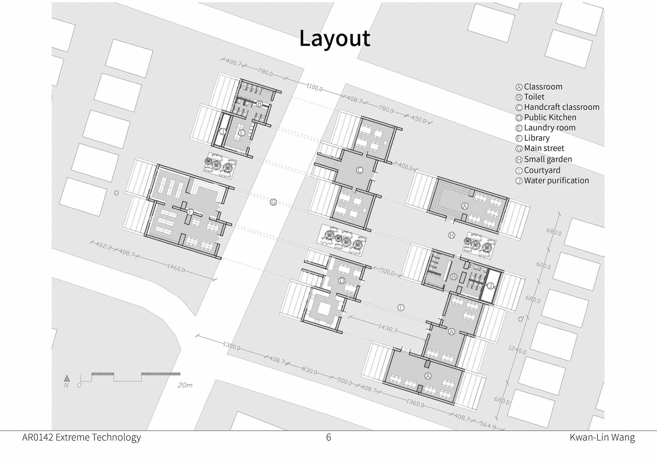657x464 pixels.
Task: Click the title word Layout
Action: (x=335, y=38)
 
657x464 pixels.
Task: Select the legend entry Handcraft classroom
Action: (x=558, y=107)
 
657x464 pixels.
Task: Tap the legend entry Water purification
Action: (x=552, y=181)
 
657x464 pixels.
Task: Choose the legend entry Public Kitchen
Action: (x=546, y=118)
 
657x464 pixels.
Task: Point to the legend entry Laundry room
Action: (x=545, y=128)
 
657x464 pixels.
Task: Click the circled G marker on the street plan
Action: (x=273, y=202)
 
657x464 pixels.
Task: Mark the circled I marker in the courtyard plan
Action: (x=401, y=308)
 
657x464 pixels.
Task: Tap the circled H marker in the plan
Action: (x=452, y=235)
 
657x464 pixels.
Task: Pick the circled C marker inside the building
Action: (x=359, y=170)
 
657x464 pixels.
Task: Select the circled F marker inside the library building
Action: (x=190, y=212)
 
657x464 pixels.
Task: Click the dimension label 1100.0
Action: (x=314, y=88)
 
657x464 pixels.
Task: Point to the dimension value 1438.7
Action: (x=388, y=328)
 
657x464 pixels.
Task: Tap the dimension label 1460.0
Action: (x=176, y=268)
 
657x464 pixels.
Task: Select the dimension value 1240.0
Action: (x=517, y=350)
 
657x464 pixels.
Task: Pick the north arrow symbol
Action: (x=67, y=378)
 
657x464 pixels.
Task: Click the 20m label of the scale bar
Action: (x=185, y=385)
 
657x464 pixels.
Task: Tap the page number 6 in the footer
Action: (x=328, y=437)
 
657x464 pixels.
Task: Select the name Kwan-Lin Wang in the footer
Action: (x=602, y=438)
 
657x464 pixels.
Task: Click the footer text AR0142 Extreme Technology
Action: (x=81, y=438)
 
